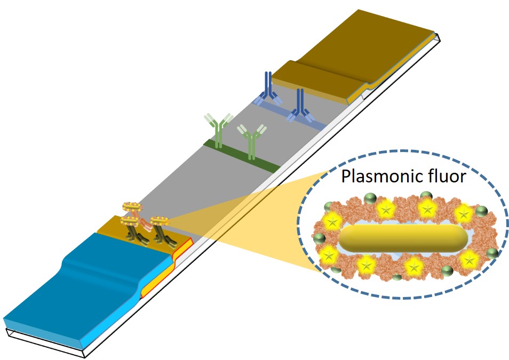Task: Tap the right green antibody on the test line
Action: pyautogui.click(x=251, y=141)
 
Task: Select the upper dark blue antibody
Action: pyautogui.click(x=267, y=88)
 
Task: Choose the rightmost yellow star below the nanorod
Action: pyautogui.click(x=469, y=260)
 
